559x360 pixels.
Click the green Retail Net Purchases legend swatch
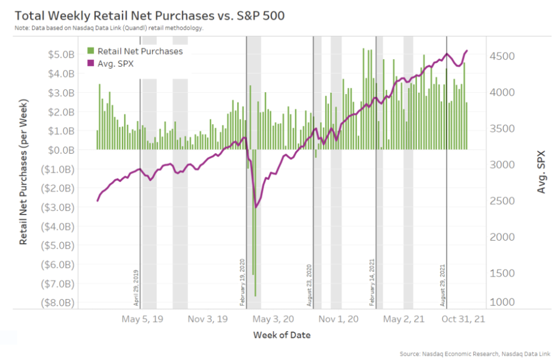coord(91,51)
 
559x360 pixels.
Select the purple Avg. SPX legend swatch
coord(91,63)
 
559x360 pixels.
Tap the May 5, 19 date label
coord(143,319)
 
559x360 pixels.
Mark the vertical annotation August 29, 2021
coord(442,284)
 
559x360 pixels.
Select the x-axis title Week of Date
coord(282,335)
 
